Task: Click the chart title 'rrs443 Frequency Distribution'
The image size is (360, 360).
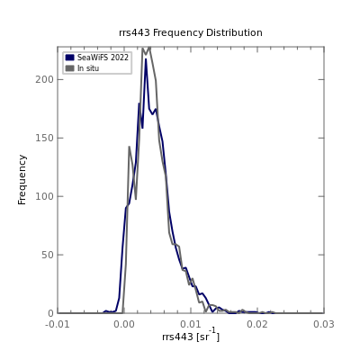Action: (x=191, y=32)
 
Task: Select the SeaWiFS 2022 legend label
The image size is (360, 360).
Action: (x=103, y=58)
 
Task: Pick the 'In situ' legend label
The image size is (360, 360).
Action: (x=88, y=68)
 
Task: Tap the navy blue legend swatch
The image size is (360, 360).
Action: (x=69, y=58)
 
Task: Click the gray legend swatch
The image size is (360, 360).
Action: (x=69, y=68)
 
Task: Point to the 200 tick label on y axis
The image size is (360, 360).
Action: (x=44, y=79)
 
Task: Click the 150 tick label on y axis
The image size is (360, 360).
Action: (x=44, y=138)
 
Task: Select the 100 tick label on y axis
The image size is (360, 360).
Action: (x=44, y=196)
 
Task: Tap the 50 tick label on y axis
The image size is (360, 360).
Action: (x=47, y=255)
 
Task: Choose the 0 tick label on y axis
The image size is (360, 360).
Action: (x=50, y=313)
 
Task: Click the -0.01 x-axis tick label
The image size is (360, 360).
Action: (x=58, y=324)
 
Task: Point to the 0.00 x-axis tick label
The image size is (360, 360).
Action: (x=124, y=324)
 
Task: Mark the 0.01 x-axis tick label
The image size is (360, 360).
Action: (x=191, y=324)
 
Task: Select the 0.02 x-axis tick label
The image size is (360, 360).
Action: (x=257, y=324)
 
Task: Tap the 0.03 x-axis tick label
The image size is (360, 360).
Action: (x=324, y=324)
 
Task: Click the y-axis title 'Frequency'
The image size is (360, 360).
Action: (x=22, y=180)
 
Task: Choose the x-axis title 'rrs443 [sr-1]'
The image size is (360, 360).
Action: (x=191, y=336)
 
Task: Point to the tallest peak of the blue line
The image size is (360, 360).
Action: (x=146, y=59)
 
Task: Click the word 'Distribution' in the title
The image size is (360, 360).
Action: (x=234, y=32)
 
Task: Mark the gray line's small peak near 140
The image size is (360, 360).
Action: (x=130, y=147)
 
